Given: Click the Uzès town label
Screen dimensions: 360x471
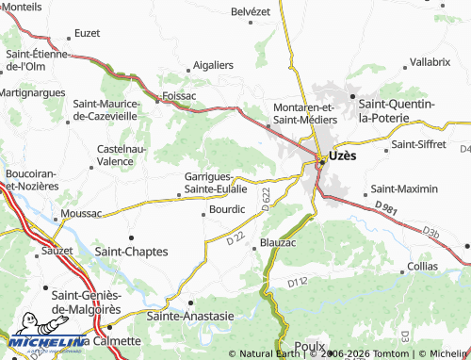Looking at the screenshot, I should (342, 157).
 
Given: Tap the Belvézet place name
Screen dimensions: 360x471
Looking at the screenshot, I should (251, 12).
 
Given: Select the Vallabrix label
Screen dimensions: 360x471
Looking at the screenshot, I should (430, 62).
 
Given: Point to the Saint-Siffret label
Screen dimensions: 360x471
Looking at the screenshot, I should (417, 144).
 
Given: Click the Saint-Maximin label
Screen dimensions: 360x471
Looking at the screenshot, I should (405, 188).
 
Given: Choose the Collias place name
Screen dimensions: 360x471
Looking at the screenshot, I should (423, 267).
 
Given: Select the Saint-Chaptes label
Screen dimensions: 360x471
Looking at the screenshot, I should (133, 252).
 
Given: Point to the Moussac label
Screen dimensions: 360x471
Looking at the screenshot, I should (81, 214).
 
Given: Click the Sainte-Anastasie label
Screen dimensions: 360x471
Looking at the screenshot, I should (190, 317).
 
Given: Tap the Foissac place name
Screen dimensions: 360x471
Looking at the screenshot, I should (179, 95).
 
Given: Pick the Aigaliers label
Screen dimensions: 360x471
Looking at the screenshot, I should (212, 65).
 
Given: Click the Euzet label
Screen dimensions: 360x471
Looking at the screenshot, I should (87, 33).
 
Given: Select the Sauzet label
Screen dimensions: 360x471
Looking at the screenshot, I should (57, 253).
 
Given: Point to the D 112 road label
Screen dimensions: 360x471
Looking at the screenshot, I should (298, 282).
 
